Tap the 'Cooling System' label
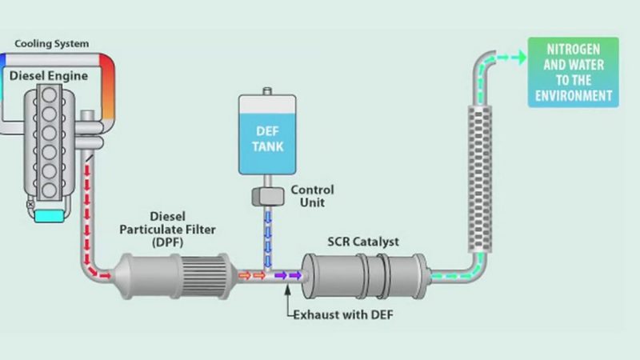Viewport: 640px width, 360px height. coord(52,43)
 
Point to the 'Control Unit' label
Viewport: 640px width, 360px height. coord(312,195)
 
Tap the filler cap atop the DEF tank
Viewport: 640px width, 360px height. coord(268,86)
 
